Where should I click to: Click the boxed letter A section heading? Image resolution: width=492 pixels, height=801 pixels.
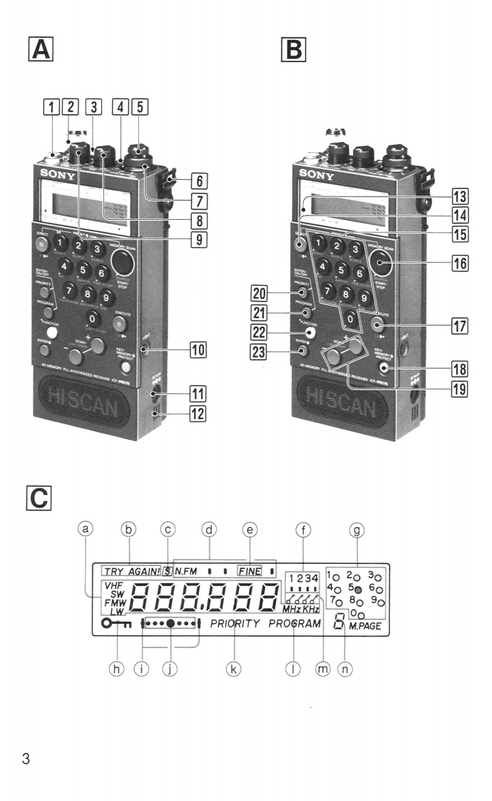(41, 50)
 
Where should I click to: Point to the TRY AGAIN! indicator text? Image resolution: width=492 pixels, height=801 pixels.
(131, 571)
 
